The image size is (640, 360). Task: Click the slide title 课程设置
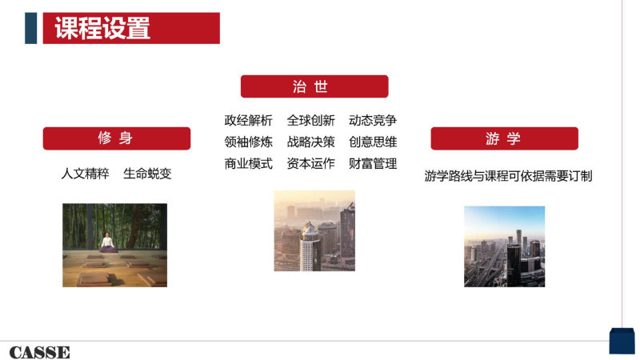[x=102, y=28]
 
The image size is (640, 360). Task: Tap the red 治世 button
[x=314, y=86]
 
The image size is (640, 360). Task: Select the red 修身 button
[x=117, y=138]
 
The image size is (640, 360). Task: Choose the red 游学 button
[x=505, y=138]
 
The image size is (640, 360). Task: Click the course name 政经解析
[x=248, y=121]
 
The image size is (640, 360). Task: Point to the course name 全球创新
[x=310, y=121]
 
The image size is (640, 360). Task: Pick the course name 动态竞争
[x=373, y=121]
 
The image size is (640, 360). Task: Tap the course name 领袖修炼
[x=248, y=142]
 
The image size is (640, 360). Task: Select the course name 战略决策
[x=310, y=142]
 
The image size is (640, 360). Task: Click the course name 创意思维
[x=373, y=142]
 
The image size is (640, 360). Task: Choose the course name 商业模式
[x=248, y=164]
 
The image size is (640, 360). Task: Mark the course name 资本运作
[x=310, y=164]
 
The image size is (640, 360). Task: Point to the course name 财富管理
[x=373, y=164]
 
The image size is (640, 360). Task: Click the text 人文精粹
[x=85, y=174]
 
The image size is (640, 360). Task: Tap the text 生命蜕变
[x=147, y=174]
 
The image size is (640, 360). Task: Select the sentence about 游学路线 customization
[x=508, y=176]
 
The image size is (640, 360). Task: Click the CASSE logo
[x=39, y=352]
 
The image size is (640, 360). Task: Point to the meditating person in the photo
[x=107, y=243]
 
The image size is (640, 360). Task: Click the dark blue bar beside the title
[x=31, y=28]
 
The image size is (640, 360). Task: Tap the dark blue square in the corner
[x=622, y=341]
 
